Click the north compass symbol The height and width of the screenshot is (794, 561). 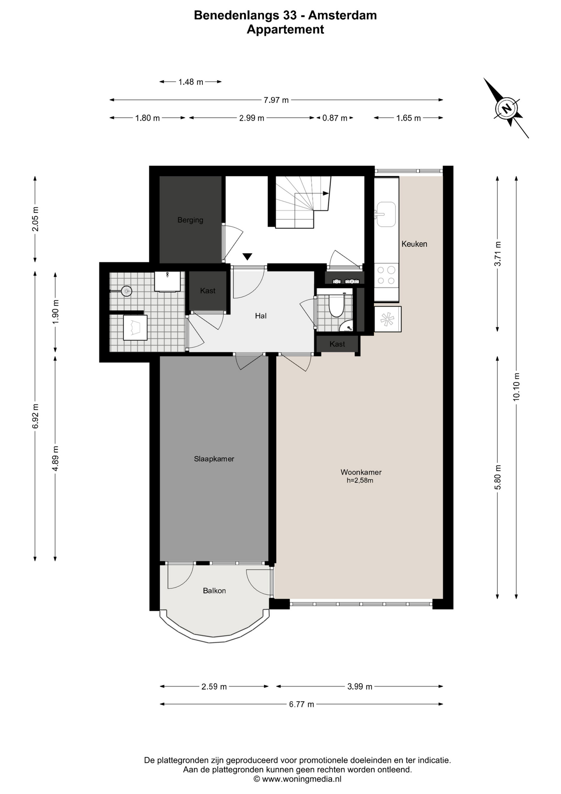[506, 108]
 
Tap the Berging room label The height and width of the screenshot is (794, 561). [190, 220]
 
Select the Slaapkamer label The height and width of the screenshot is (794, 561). [214, 459]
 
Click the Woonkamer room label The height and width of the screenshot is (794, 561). [361, 472]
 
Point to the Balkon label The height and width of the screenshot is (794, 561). [214, 591]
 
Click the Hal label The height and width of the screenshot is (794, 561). [261, 316]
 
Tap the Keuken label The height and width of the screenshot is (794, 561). [414, 244]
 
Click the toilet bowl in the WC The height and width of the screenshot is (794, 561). [336, 305]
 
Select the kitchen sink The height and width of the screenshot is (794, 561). [386, 214]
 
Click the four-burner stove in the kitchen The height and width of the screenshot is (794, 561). [387, 275]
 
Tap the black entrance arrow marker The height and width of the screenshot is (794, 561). [247, 257]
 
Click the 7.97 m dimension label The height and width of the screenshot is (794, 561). [276, 100]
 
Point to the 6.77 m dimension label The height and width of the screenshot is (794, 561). [302, 704]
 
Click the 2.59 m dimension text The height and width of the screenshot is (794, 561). [214, 686]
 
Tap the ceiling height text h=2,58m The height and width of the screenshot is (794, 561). [360, 481]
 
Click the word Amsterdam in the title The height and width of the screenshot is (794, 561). [342, 15]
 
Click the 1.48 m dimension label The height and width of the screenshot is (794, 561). [191, 82]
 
